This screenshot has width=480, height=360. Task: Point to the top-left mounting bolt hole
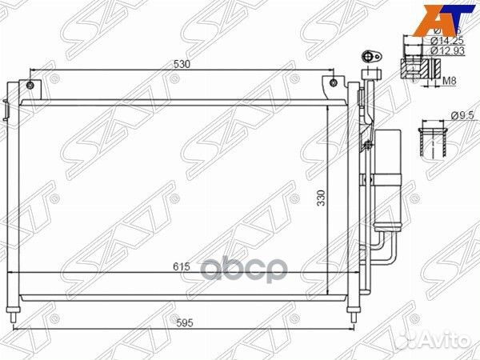[29, 85]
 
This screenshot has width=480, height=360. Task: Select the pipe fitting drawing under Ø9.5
[432, 141]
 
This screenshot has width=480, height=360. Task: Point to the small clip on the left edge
[6, 108]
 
